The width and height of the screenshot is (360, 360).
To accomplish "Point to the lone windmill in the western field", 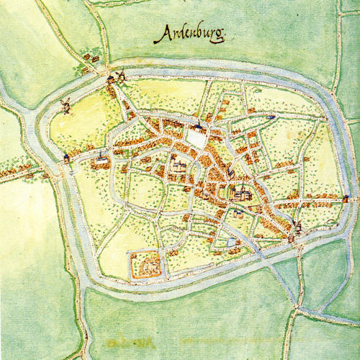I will tap(66, 105).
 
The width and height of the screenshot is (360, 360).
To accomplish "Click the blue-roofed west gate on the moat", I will tap(66, 157).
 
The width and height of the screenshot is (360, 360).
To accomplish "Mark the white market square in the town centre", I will tap(195, 137).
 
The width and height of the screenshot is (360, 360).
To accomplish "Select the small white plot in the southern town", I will tap(232, 243).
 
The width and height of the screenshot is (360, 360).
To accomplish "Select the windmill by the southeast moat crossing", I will tap(297, 229).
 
